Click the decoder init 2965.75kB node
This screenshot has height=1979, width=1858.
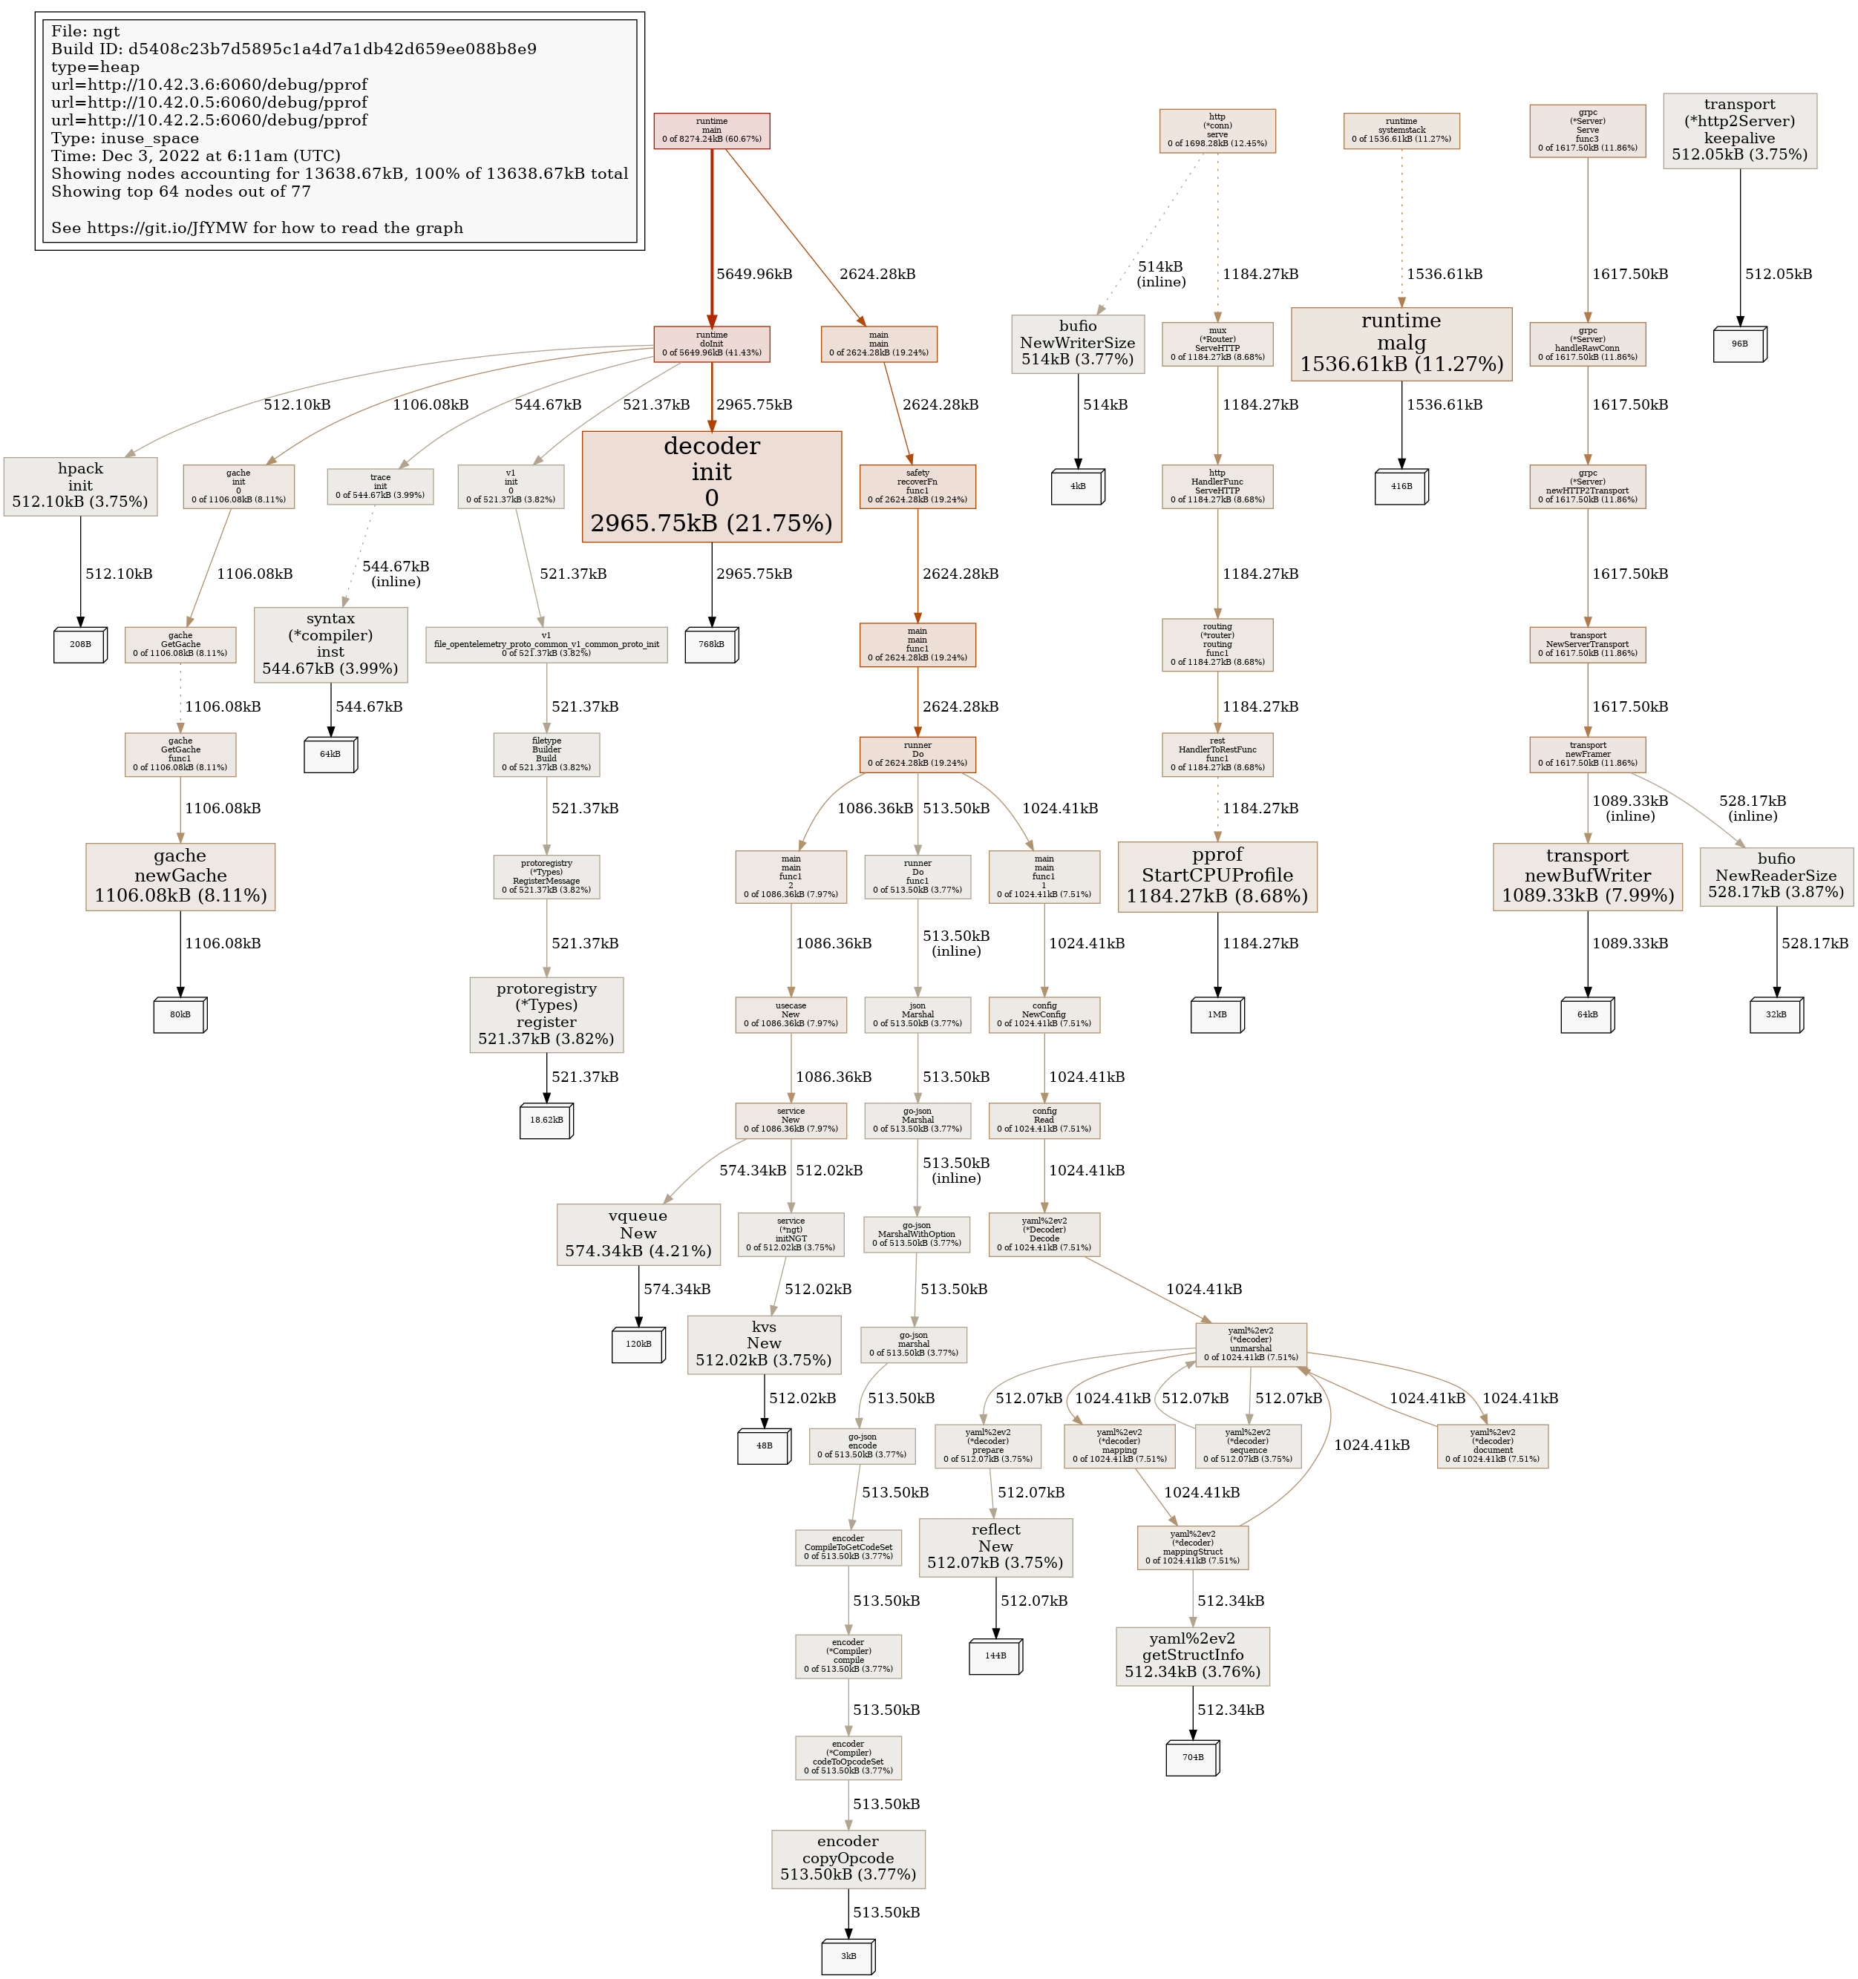point(711,486)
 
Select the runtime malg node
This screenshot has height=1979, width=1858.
point(1401,344)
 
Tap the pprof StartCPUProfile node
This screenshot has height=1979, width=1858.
point(1217,876)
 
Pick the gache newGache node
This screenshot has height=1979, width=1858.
point(180,876)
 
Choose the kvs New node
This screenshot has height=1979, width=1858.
point(764,1345)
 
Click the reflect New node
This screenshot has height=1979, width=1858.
point(995,1548)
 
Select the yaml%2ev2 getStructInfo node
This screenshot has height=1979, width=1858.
point(1192,1656)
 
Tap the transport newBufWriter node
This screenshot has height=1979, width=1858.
point(1587,876)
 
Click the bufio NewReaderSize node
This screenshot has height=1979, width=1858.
point(1776,876)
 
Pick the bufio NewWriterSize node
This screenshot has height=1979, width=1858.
point(1077,344)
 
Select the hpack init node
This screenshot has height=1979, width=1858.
point(81,486)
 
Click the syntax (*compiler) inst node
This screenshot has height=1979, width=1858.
point(330,644)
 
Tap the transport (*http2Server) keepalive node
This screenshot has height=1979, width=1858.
point(1739,131)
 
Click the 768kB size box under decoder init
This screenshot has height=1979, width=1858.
point(711,645)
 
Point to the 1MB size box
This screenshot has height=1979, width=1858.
point(1217,1014)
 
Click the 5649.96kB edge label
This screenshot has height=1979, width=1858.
point(753,274)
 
